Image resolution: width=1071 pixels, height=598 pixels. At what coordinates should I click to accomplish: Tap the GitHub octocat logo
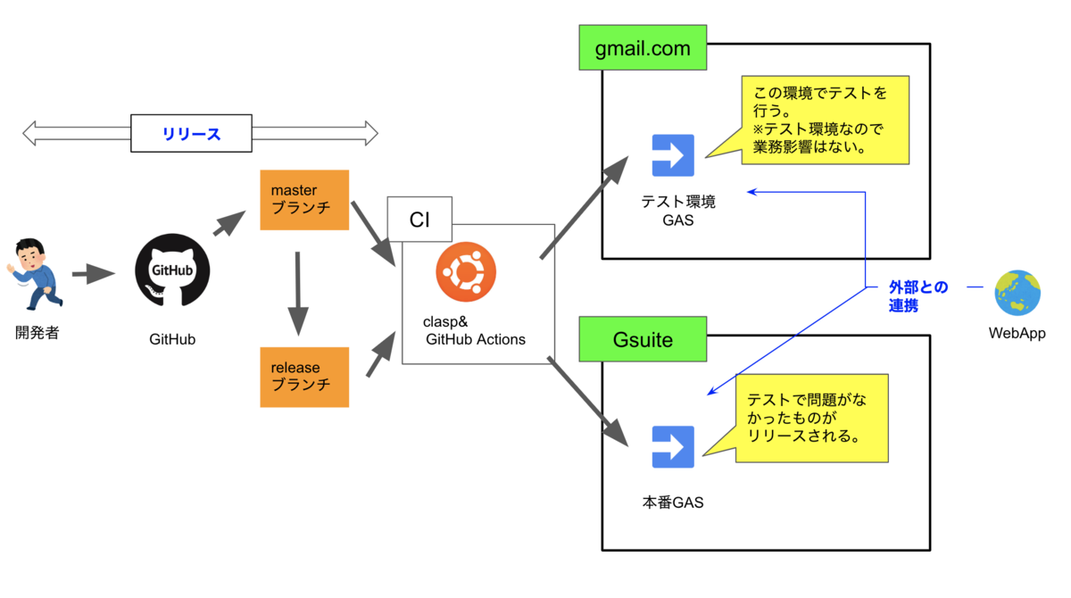(172, 270)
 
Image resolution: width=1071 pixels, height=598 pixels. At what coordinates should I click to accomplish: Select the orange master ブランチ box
(303, 200)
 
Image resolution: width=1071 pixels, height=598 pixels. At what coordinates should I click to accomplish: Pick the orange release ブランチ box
(303, 376)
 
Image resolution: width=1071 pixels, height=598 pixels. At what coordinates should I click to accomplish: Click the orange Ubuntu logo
(466, 271)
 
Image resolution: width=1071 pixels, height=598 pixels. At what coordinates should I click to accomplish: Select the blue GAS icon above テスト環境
(673, 156)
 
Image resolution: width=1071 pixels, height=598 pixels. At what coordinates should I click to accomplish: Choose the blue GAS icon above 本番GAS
(673, 447)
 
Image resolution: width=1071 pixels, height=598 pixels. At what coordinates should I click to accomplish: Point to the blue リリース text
(191, 135)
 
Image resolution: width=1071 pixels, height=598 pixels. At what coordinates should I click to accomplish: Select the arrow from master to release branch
(297, 293)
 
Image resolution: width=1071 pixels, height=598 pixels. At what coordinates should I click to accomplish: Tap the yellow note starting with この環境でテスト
(825, 120)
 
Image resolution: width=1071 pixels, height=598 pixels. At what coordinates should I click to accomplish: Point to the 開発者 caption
(37, 334)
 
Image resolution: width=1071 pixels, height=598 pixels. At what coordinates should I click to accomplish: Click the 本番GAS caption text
(673, 502)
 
